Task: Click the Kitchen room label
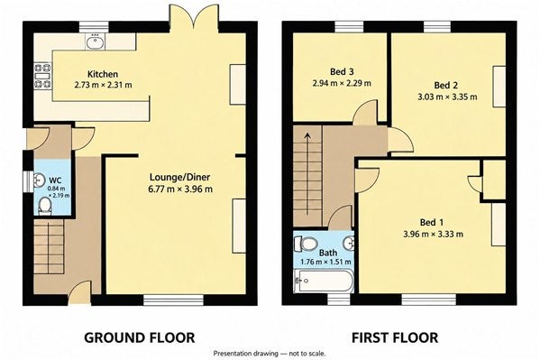103,74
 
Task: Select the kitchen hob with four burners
42,76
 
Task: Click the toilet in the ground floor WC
45,206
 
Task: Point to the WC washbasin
39,180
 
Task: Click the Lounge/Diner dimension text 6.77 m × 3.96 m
180,189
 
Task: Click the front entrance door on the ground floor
80,292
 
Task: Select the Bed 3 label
342,71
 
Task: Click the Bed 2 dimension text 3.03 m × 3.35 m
447,97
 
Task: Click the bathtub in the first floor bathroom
323,281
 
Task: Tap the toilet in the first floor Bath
305,244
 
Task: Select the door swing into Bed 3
365,112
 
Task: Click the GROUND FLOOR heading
140,337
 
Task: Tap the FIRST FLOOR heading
395,337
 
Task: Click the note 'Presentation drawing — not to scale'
270,354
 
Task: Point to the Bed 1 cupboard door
475,183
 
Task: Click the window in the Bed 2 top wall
437,27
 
